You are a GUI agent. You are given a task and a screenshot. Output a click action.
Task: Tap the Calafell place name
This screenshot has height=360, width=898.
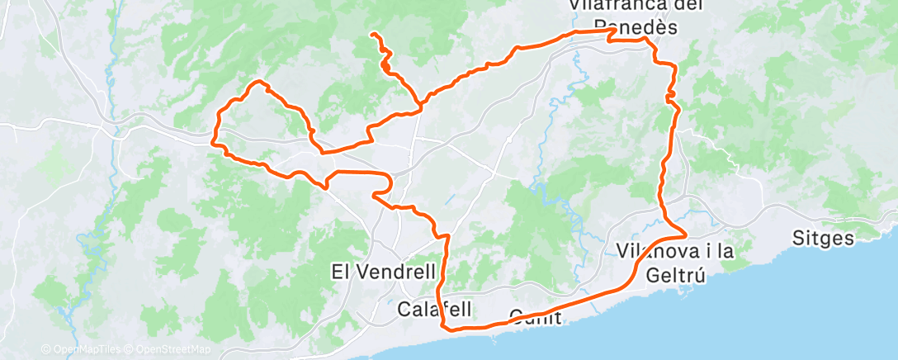coord(434,310)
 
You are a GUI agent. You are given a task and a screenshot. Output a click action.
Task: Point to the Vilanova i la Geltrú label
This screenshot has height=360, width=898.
coord(674,262)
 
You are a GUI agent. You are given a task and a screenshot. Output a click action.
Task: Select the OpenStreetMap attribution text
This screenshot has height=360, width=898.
coord(171,349)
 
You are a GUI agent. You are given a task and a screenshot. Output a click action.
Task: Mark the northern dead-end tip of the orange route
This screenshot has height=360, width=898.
coord(372,34)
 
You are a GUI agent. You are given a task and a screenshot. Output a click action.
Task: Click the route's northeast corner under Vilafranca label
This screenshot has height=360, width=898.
coord(613,30)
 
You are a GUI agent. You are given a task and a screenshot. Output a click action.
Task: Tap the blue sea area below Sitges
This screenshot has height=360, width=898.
coord(825,306)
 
